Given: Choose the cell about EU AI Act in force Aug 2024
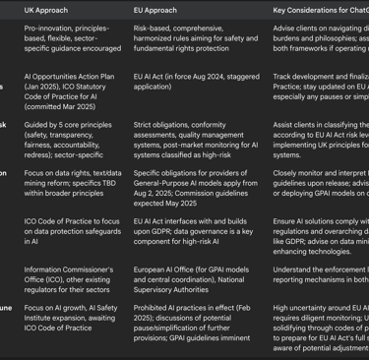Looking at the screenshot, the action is pos(201,87).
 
